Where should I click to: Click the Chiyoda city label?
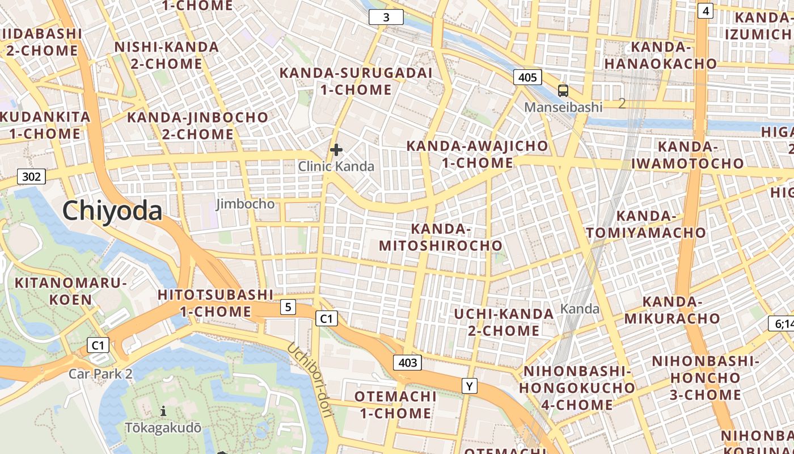point(112,211)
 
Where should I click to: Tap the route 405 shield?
point(527,77)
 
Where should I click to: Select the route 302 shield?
point(31,176)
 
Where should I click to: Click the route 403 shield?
point(408,363)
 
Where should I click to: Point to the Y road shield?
point(469,386)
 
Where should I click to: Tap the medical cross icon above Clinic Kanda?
point(336,150)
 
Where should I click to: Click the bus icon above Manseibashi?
point(563,90)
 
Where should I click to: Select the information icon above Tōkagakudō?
point(163,411)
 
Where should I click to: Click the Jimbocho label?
point(246,204)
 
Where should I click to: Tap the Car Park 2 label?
point(100,374)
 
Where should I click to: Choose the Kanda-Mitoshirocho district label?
point(441,237)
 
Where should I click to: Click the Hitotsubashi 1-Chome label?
point(216,303)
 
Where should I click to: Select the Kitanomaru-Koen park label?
point(70,291)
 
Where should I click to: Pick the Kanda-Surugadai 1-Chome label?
point(356,81)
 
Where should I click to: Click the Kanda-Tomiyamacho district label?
point(646,224)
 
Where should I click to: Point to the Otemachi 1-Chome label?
point(395,404)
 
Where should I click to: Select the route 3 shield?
point(386,17)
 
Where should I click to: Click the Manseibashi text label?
point(563,107)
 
